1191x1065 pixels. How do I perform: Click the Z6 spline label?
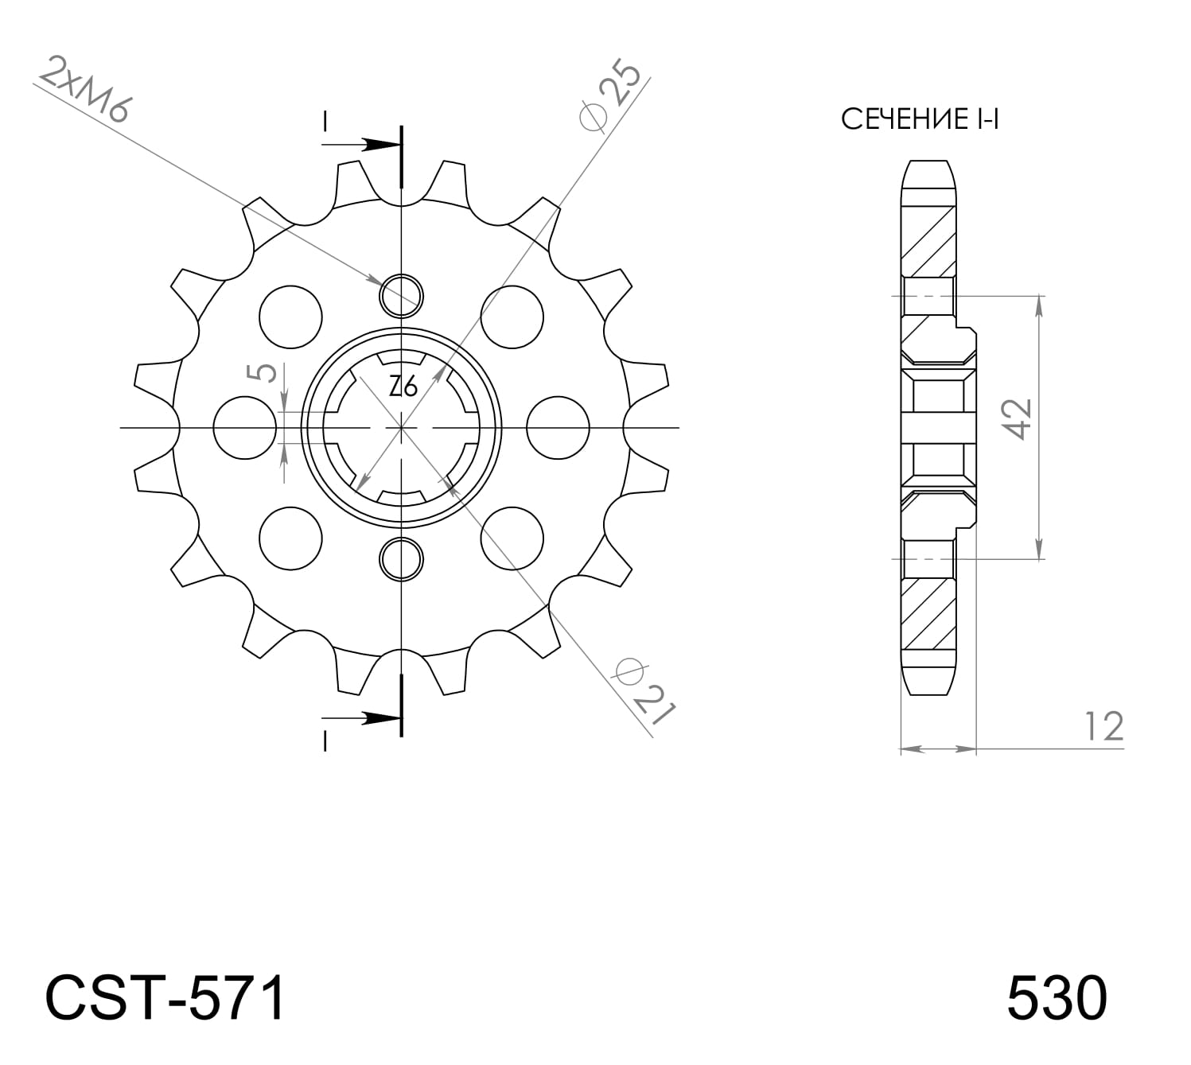403,387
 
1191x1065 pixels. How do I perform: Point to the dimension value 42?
1018,418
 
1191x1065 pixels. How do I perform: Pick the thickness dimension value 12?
1103,726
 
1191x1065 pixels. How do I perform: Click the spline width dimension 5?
266,371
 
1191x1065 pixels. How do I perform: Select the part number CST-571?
165,999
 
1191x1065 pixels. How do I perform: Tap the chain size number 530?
1057,999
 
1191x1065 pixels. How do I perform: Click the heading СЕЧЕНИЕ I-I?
920,120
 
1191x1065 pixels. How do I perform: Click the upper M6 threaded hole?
402,295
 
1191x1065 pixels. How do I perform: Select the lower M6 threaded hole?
402,560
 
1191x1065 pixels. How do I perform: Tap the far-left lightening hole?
246,428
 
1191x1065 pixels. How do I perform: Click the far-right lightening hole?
559,428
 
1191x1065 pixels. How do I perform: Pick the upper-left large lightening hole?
290,317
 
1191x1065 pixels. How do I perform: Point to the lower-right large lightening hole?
512,538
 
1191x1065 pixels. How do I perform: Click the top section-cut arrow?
362,145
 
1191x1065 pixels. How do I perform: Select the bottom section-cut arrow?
362,717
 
